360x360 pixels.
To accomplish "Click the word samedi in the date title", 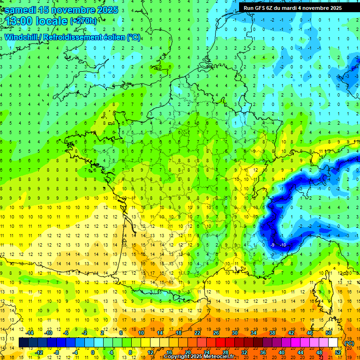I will pyautogui.click(x=22, y=10).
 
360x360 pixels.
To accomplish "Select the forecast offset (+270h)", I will pyautogui.click(x=83, y=21).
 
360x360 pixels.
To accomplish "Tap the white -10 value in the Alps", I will pyautogui.click(x=283, y=245).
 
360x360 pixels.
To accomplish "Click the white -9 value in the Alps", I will pyautogui.click(x=272, y=245).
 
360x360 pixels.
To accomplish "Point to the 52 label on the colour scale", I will pyautogui.click(x=338, y=352).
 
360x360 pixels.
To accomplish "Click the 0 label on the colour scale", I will pyautogui.click(x=93, y=352).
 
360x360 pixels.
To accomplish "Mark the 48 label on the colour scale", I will pyautogui.click(x=319, y=352).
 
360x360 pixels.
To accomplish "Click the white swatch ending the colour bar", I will pyautogui.click(x=333, y=343).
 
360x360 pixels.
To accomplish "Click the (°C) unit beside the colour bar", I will pyautogui.click(x=349, y=343).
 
